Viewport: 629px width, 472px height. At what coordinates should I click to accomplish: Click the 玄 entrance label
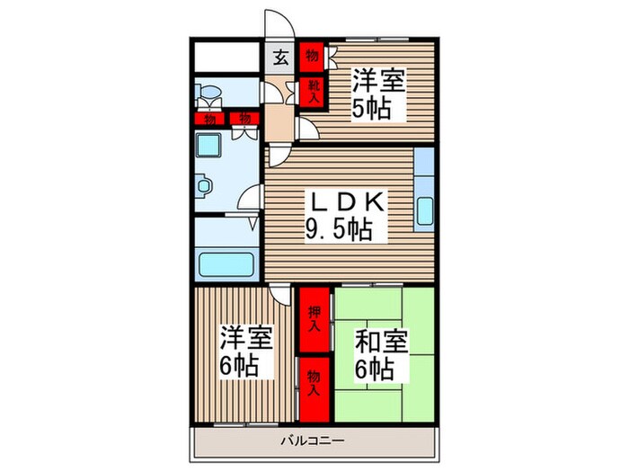tap(281, 58)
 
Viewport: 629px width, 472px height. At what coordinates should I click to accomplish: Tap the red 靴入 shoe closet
tap(314, 92)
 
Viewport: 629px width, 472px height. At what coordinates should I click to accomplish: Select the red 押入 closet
tap(314, 319)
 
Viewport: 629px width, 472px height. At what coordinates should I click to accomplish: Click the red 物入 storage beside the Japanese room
tap(314, 389)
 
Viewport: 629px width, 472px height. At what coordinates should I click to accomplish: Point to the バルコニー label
tap(313, 441)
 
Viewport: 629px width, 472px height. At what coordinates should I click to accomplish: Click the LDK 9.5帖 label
tap(346, 217)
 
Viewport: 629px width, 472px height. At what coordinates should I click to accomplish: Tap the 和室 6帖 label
tap(381, 356)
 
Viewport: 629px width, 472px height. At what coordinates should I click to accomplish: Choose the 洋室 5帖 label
tap(378, 94)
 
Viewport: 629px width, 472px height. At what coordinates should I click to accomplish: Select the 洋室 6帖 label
tap(246, 352)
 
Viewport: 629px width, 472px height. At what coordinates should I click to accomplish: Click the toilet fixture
tap(208, 97)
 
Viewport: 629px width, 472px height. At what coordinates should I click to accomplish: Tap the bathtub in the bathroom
tap(226, 264)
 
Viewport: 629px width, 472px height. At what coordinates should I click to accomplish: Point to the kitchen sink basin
tap(425, 211)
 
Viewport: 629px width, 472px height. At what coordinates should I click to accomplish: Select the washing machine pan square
tap(208, 146)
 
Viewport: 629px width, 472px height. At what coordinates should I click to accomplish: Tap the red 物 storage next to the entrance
tap(313, 56)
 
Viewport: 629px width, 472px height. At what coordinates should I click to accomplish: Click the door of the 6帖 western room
tap(279, 295)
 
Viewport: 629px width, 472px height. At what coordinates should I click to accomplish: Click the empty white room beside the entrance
tap(226, 57)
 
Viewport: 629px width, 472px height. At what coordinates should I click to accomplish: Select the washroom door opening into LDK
tap(250, 197)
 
